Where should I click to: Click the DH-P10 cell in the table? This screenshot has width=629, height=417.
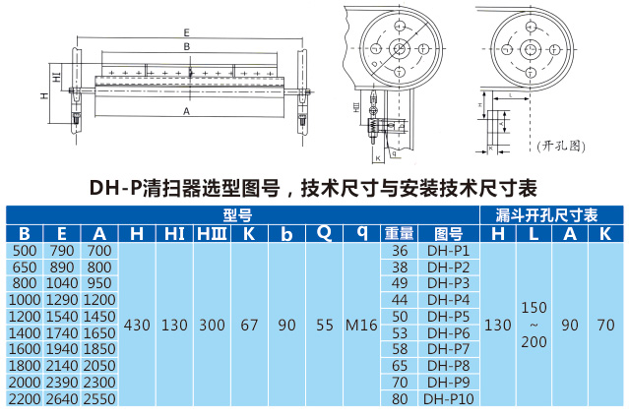pos(448,399)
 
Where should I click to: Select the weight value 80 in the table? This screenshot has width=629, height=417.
pos(400,399)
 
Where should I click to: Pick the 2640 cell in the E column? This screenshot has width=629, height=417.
pos(62,399)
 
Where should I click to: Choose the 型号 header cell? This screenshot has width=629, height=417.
pos(237,214)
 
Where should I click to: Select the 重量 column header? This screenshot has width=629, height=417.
pos(400,233)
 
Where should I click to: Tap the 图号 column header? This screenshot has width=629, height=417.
pos(448,233)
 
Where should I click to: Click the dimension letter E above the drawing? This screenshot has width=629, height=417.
pos(186,32)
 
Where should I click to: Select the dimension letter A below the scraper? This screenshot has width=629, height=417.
pos(186,111)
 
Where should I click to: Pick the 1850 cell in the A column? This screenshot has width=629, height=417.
pos(98,349)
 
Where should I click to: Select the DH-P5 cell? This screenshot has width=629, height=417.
pos(448,316)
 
